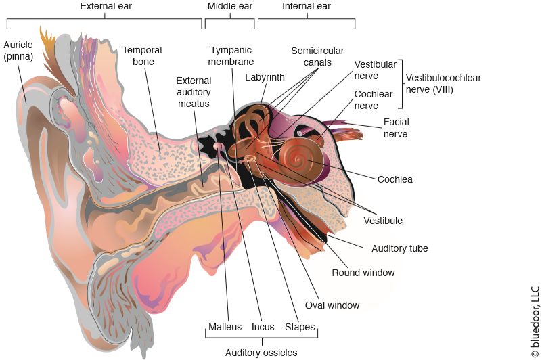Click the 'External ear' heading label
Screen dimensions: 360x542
click(x=106, y=7)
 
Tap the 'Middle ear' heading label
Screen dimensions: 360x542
click(x=229, y=7)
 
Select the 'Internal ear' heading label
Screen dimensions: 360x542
click(x=306, y=7)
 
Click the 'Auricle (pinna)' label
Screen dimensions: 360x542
click(x=18, y=51)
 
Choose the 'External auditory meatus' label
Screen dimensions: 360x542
click(x=194, y=92)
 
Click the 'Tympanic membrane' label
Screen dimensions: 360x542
click(x=231, y=56)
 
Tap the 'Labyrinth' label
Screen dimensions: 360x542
click(x=265, y=78)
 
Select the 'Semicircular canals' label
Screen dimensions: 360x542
click(x=317, y=56)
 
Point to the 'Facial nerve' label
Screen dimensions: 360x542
click(x=396, y=128)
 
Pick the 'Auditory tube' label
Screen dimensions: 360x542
click(x=400, y=248)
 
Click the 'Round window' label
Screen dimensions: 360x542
click(x=363, y=273)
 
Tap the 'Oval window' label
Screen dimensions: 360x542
click(x=332, y=305)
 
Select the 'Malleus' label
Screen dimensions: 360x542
click(x=225, y=328)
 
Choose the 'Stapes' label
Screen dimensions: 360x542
click(x=300, y=328)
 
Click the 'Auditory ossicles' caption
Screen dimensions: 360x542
click(x=261, y=352)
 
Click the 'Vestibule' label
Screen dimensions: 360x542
click(x=383, y=221)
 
